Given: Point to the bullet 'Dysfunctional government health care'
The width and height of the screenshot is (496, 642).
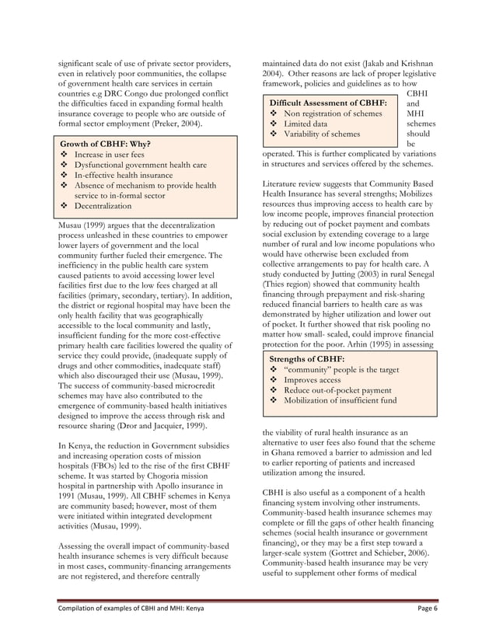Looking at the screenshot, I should pyautogui.click(x=140, y=166).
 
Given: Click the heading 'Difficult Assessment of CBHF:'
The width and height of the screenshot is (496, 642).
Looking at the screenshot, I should pyautogui.click(x=327, y=103).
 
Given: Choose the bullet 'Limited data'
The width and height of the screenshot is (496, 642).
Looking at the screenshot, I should pyautogui.click(x=305, y=124).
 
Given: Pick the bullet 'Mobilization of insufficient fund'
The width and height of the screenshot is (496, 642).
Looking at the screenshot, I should pyautogui.click(x=340, y=400).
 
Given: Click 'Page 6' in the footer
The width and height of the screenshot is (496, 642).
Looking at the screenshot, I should pyautogui.click(x=424, y=610).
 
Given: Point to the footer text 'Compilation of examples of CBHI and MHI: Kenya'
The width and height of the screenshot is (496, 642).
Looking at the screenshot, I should pyautogui.click(x=131, y=610).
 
